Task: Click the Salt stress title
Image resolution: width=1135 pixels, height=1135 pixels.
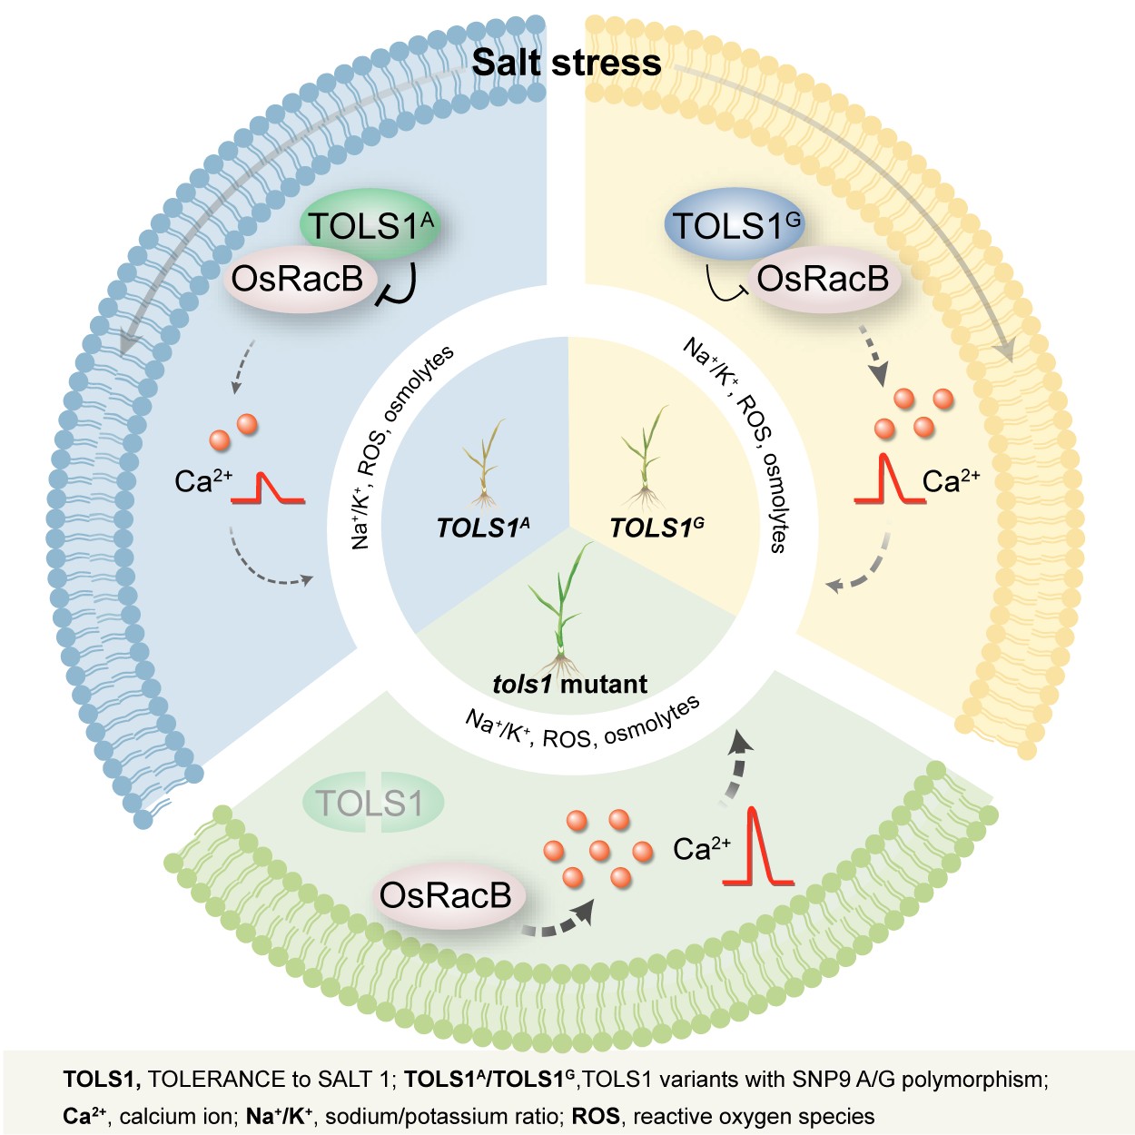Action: point(567,63)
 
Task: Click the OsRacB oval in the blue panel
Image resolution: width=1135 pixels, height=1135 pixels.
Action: point(300,279)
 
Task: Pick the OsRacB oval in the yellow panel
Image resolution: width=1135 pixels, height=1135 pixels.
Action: point(824,279)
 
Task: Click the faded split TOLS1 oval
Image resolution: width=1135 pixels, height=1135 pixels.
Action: point(372,802)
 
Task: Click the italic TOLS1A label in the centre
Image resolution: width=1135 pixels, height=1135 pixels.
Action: point(483,528)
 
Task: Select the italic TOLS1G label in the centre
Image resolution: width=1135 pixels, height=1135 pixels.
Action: point(656,528)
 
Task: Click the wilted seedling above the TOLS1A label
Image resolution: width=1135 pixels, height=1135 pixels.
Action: point(484,464)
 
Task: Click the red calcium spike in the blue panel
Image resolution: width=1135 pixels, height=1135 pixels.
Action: point(268,489)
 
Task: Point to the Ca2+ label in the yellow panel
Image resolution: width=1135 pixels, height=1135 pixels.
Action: point(951,481)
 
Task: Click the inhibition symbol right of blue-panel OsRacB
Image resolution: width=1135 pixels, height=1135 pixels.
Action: point(398,285)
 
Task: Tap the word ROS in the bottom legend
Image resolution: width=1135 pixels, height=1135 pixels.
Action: point(596,1115)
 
